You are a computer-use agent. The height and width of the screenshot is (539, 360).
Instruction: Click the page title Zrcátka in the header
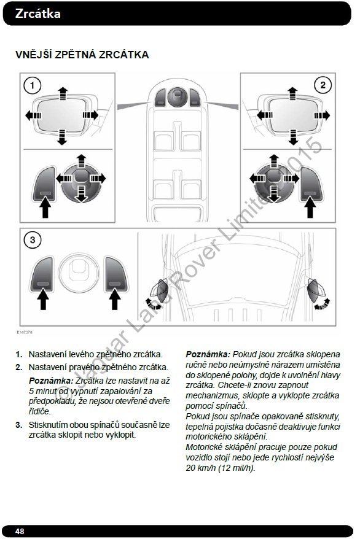[x=38, y=14]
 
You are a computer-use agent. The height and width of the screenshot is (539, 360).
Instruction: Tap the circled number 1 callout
[x=33, y=85]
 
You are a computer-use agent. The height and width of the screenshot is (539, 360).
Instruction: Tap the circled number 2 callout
[x=323, y=85]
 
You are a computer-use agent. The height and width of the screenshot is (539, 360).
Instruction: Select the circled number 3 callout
[x=33, y=239]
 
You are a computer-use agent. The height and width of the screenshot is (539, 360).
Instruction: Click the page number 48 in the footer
[x=20, y=531]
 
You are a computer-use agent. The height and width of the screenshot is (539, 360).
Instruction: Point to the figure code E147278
[x=25, y=332]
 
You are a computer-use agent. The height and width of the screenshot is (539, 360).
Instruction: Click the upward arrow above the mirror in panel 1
[x=63, y=93]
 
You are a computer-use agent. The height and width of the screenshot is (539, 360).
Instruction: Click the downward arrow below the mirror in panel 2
[x=293, y=137]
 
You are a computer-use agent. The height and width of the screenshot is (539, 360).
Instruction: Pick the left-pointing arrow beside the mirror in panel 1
[x=33, y=115]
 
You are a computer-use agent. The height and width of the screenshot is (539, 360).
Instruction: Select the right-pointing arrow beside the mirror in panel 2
[x=322, y=115]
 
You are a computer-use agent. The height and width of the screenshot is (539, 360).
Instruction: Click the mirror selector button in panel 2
[x=311, y=184]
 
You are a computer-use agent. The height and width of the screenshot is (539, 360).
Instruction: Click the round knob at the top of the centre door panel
[x=178, y=97]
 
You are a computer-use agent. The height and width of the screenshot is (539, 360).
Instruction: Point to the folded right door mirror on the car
[x=316, y=291]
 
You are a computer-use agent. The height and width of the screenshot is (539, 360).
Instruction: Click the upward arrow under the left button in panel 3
[x=43, y=299]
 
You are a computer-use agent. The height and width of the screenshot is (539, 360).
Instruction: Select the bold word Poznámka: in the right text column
[x=208, y=354]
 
